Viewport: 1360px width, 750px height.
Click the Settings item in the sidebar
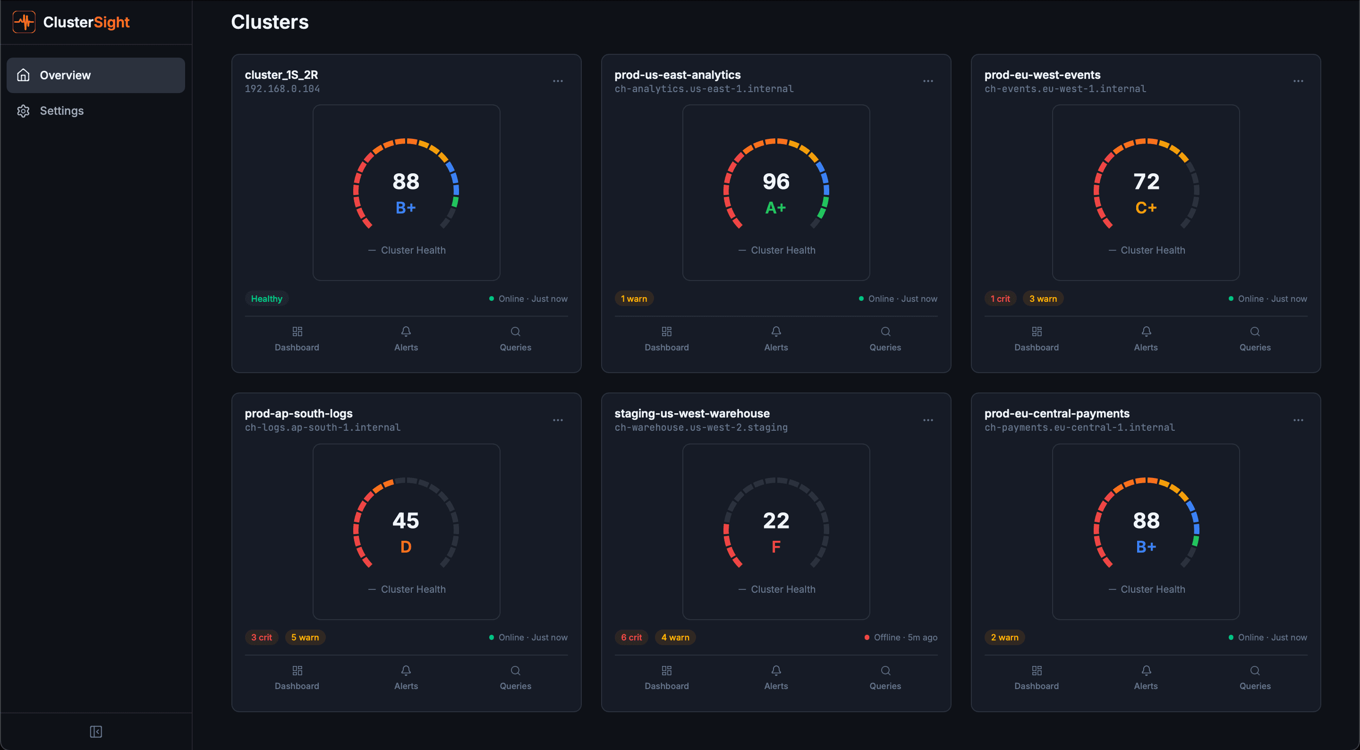[61, 111]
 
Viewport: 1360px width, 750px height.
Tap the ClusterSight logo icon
[24, 22]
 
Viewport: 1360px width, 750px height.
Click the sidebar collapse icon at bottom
[95, 732]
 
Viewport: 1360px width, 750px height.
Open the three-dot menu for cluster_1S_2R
[558, 81]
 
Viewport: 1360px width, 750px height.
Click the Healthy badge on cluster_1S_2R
[267, 299]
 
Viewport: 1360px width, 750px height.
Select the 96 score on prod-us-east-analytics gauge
[775, 182]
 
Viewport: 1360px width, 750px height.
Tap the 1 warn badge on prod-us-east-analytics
[634, 299]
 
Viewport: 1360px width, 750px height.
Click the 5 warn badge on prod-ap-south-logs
[305, 638]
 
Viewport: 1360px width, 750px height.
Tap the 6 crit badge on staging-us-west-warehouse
[631, 638]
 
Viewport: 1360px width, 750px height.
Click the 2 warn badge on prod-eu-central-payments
[1004, 638]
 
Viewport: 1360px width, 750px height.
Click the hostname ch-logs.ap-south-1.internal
[322, 427]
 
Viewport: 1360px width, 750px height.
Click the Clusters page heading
[269, 22]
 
